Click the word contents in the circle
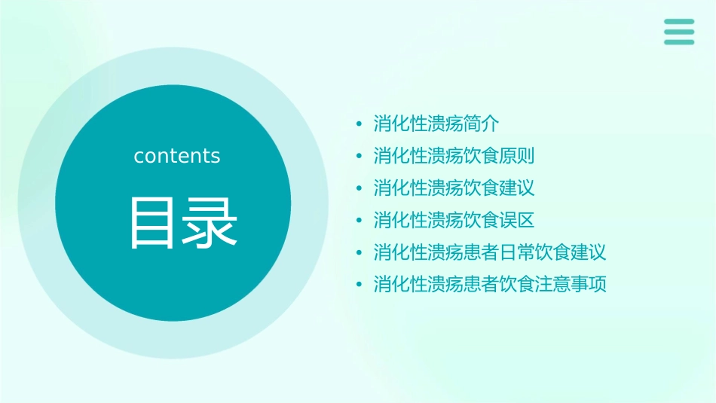(177, 156)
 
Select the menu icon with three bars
(678, 32)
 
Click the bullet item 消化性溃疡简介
(436, 124)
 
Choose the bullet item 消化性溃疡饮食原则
(454, 156)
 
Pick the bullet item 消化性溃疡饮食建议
(454, 188)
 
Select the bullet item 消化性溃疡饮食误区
(454, 220)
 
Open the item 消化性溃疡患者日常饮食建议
(490, 252)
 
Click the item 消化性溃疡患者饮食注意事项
(490, 284)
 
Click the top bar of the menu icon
(678, 21)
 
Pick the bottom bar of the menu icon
(678, 42)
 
